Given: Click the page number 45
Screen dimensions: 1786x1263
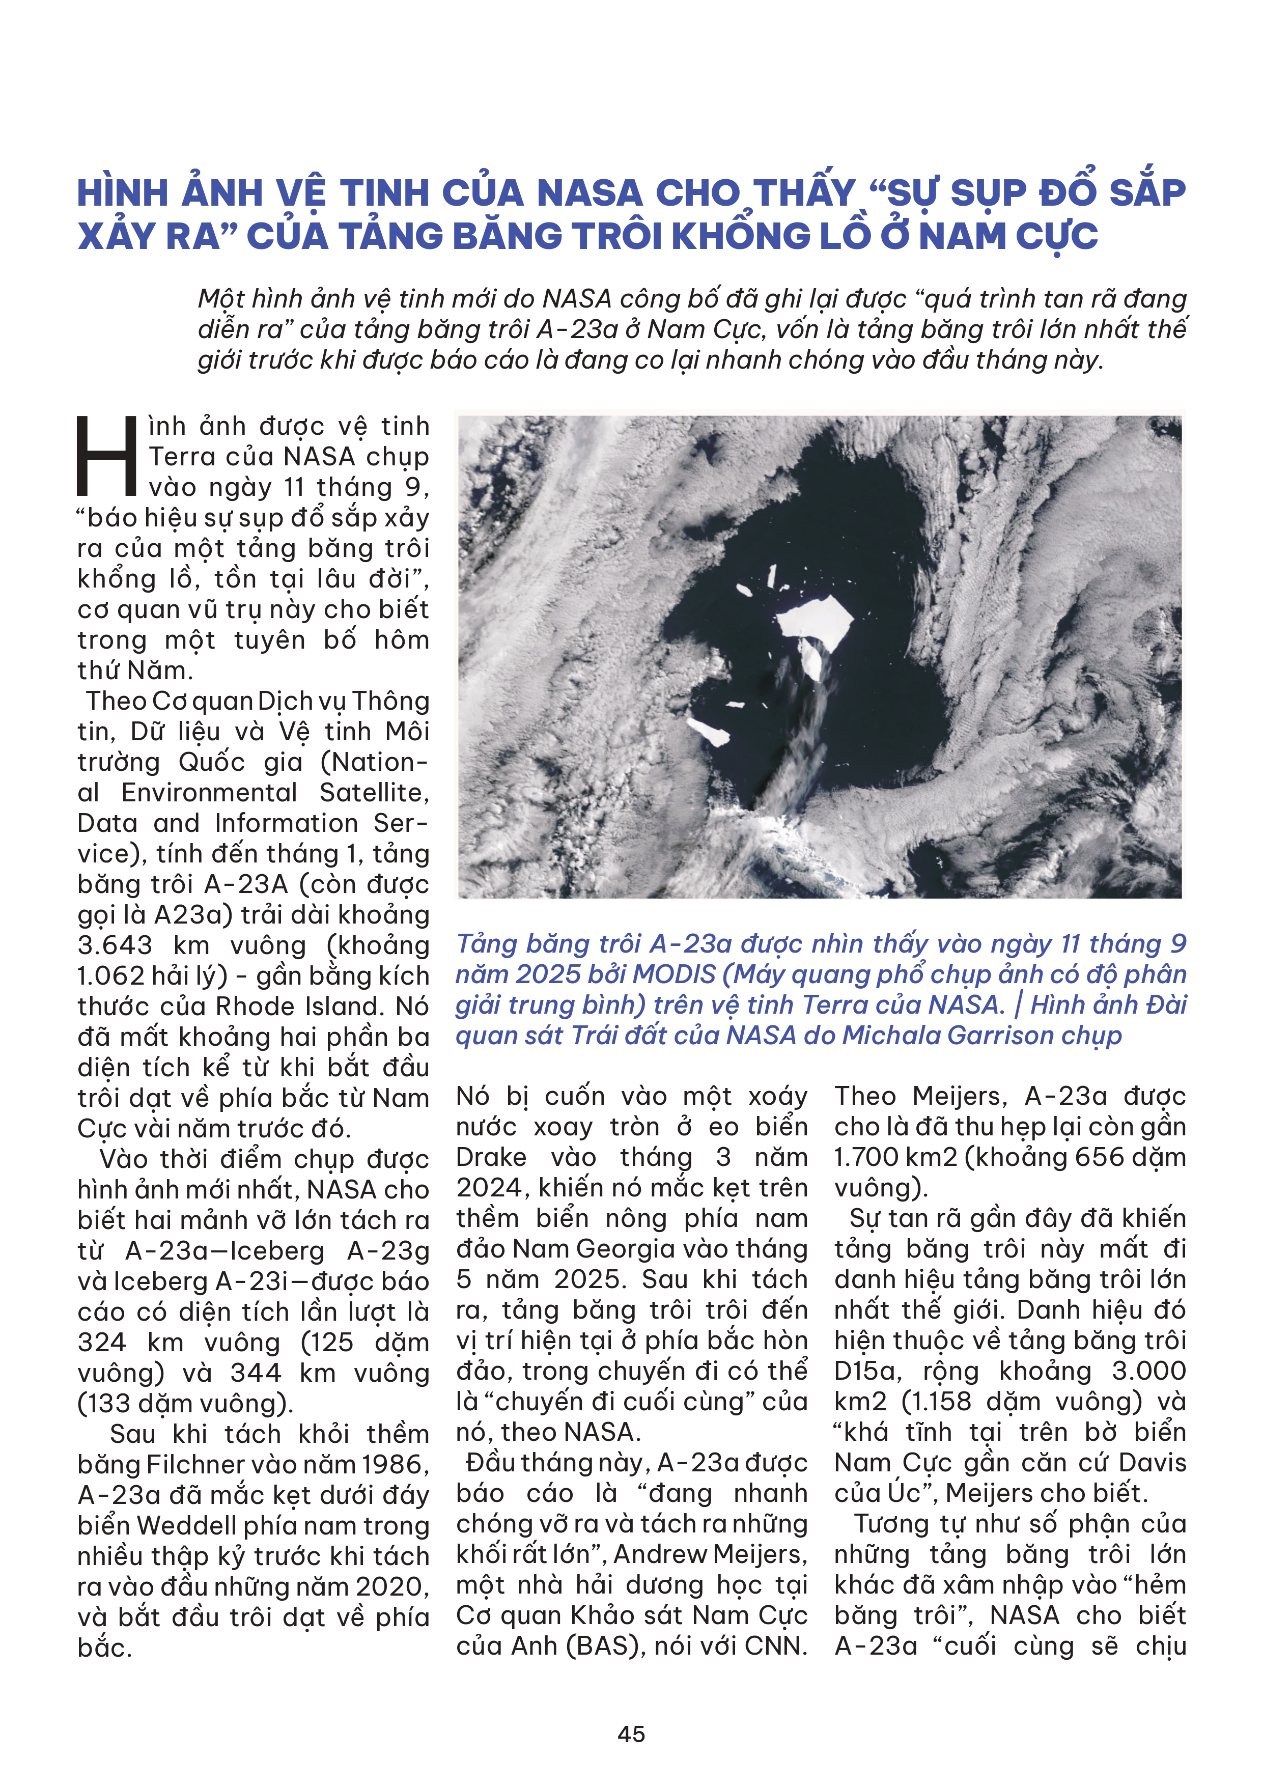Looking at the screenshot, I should coord(631,1734).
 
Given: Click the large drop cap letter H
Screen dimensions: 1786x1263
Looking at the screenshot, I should coord(106,457).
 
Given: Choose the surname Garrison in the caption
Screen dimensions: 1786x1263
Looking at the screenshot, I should coord(1005,1036).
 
